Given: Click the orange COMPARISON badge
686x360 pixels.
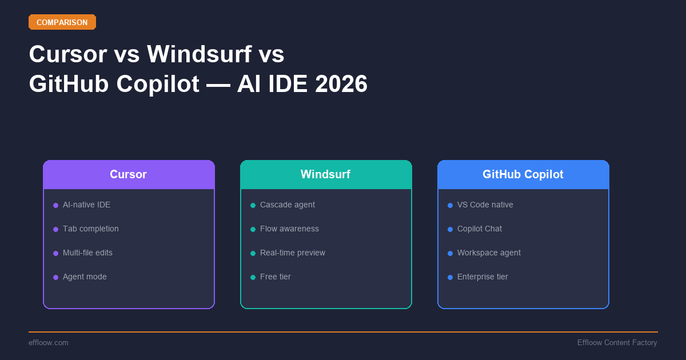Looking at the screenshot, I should tap(62, 22).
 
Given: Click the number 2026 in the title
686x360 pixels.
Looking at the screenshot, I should tap(341, 84).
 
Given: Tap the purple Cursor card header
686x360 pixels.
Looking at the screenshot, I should tap(129, 174).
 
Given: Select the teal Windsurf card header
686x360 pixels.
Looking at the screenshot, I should tap(326, 174).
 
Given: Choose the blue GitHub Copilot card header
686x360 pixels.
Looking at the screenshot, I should tap(523, 174).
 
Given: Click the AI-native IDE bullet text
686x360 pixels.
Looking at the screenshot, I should tap(86, 205).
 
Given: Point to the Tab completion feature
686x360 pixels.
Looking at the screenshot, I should tap(90, 229).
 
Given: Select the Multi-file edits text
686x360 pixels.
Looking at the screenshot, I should tap(87, 253).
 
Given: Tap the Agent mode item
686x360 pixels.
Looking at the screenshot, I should tap(85, 277).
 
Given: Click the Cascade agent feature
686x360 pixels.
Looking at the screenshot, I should tap(287, 205).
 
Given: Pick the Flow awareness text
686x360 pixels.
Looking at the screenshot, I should tap(289, 229).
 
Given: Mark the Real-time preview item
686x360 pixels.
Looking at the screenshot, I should tap(292, 253).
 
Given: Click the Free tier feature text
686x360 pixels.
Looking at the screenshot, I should tap(275, 277).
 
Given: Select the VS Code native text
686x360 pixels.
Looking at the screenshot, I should tap(485, 205).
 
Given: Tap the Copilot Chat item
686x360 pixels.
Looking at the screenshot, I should tap(479, 229).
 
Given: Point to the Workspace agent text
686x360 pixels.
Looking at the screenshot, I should tap(489, 253).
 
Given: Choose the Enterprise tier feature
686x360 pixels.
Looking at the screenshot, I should tap(482, 277).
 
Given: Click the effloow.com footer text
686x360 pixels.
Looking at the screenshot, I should tap(49, 342).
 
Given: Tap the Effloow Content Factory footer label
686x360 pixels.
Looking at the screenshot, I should tap(617, 342).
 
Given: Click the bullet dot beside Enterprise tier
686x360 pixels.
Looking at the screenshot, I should tap(450, 277).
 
